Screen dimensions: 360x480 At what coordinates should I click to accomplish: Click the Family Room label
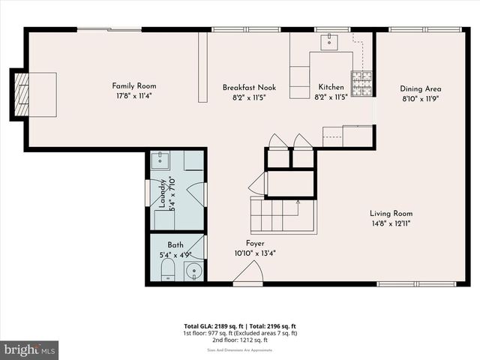tap(134, 86)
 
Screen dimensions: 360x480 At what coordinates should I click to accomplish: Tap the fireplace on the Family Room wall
tap(21, 94)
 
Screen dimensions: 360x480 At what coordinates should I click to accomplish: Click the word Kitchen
tap(331, 87)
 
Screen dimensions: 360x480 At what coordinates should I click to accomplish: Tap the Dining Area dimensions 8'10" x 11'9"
tap(420, 97)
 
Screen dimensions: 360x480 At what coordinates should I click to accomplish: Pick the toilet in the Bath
tap(167, 268)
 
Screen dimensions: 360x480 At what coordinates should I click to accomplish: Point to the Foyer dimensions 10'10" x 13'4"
tap(254, 253)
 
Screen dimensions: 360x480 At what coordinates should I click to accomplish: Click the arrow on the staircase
tap(298, 202)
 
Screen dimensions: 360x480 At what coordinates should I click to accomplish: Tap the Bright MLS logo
tap(30, 349)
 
